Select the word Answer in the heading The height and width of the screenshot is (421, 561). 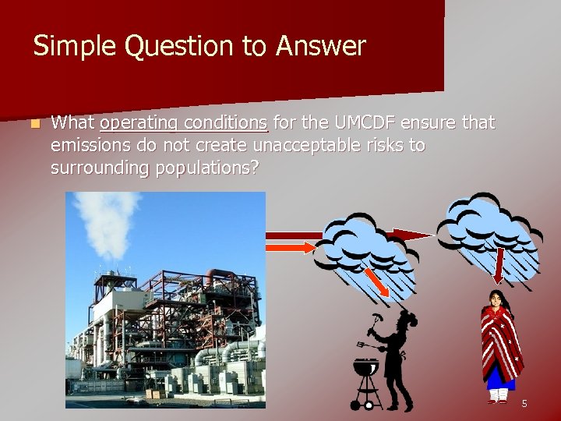(319, 47)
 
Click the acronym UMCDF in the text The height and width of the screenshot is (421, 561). (365, 123)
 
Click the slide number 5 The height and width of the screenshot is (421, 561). (524, 403)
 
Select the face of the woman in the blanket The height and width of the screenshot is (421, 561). (496, 299)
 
